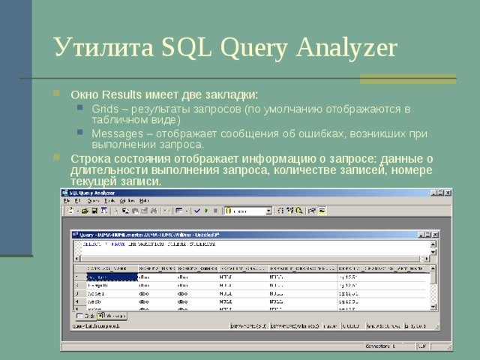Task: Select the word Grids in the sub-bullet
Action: tap(105, 109)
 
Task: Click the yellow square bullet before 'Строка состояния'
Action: tap(58, 158)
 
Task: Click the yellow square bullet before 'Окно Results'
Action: tap(58, 95)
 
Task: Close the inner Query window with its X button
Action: tap(433, 235)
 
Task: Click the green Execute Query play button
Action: tap(205, 211)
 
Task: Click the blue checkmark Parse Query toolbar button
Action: tap(194, 211)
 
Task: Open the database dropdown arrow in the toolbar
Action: tap(268, 211)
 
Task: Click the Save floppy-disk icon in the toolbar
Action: tap(95, 211)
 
